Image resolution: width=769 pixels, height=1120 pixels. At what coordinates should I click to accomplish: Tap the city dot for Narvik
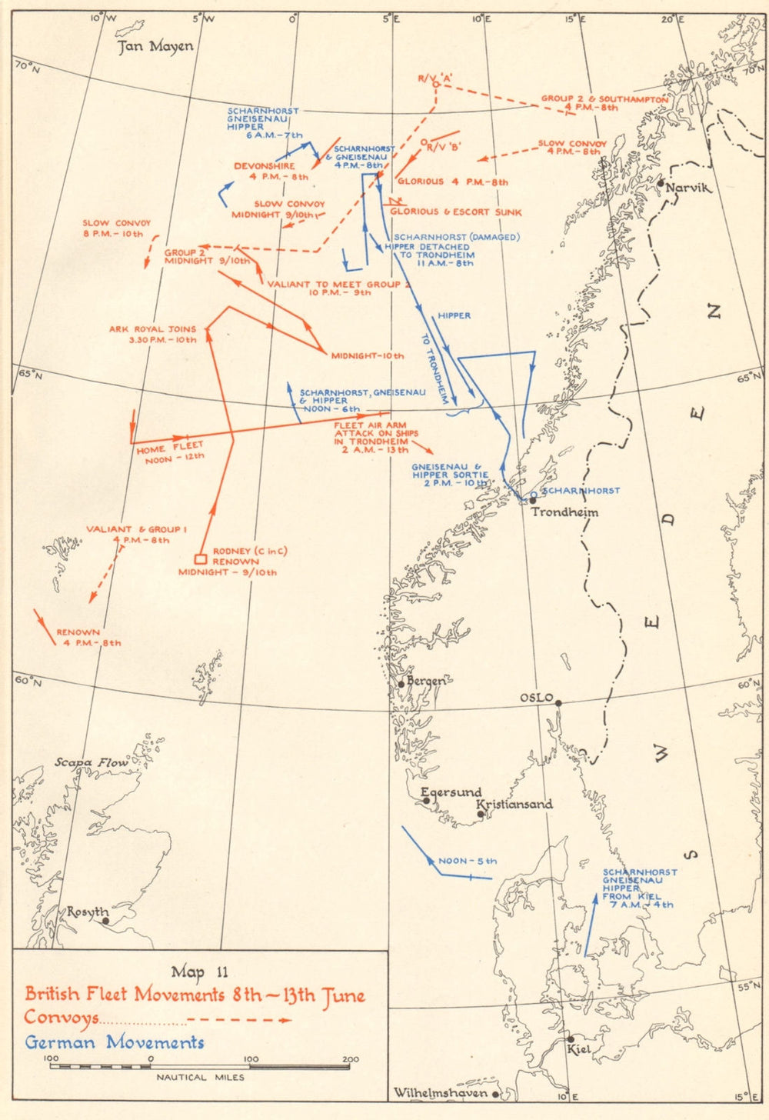click(661, 183)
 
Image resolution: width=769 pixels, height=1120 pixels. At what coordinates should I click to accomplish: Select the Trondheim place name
click(564, 512)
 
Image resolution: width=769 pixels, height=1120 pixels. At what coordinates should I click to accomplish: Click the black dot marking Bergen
click(401, 683)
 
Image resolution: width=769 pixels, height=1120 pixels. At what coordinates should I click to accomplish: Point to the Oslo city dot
click(559, 702)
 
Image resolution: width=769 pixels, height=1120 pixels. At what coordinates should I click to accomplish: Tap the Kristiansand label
click(514, 804)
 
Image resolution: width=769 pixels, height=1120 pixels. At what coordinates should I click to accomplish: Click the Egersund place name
click(451, 792)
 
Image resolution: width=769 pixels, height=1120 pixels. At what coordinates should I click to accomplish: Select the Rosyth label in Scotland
click(87, 912)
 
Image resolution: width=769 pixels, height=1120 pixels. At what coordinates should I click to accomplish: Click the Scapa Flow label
click(91, 762)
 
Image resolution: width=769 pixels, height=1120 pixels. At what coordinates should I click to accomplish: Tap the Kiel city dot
click(570, 1038)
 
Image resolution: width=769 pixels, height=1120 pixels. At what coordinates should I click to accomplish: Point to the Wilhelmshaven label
click(440, 1093)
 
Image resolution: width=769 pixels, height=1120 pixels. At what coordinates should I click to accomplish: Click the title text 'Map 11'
click(199, 971)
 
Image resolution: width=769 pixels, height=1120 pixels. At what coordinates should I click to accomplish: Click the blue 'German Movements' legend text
click(115, 1043)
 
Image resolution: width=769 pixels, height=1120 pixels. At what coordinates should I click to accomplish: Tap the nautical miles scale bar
click(200, 1066)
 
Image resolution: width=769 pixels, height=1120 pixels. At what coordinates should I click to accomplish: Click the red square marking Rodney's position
click(200, 559)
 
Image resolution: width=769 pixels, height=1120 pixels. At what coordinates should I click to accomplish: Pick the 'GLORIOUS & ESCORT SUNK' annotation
click(455, 212)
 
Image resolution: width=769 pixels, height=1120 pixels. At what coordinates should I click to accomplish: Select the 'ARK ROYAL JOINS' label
click(152, 329)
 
